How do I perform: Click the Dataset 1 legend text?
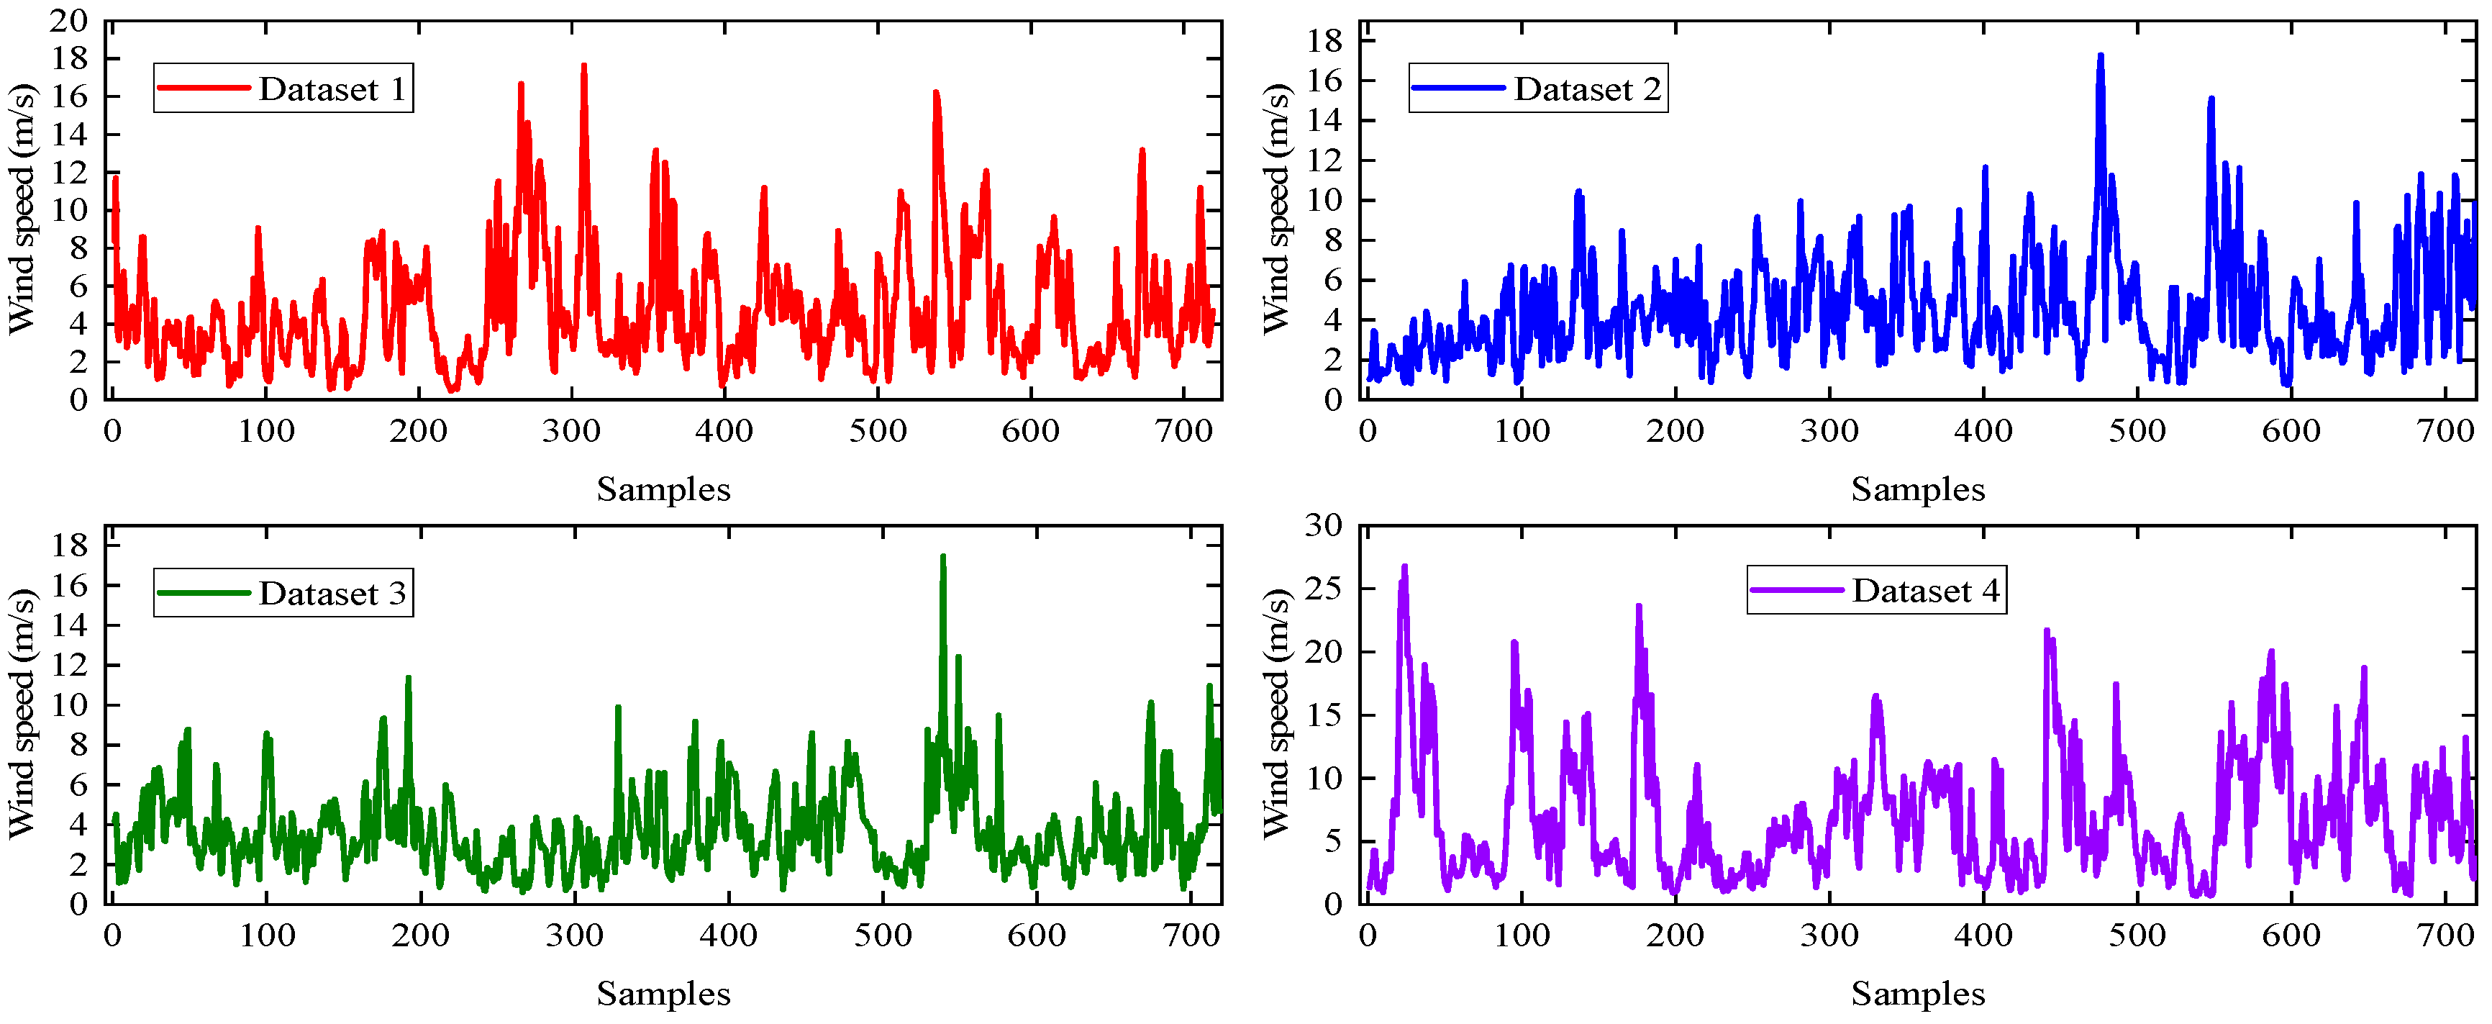(x=332, y=89)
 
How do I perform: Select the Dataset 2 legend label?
(x=1586, y=89)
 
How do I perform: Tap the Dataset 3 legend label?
(x=332, y=593)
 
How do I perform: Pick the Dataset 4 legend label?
(x=1925, y=590)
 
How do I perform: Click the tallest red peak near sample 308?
(x=583, y=65)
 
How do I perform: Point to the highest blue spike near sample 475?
(x=2100, y=56)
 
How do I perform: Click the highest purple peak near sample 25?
(x=1405, y=567)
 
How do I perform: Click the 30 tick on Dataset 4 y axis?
(x=1324, y=525)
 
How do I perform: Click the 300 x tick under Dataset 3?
(x=575, y=935)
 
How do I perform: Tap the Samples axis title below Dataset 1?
(x=663, y=489)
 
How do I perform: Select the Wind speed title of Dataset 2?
(x=1276, y=209)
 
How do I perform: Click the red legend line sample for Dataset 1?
(x=203, y=88)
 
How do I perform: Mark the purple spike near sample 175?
(x=1639, y=607)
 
